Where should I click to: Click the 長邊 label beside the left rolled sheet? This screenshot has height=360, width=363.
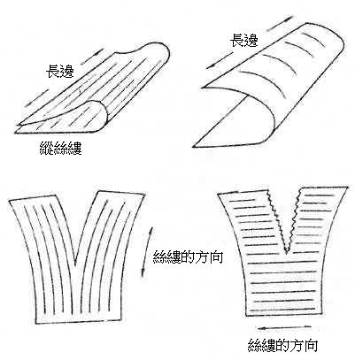[x=60, y=71]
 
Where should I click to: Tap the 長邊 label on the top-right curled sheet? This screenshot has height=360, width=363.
[x=244, y=40]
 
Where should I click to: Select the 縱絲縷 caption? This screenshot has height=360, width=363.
[x=61, y=148]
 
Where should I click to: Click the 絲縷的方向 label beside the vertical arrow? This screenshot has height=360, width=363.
[x=188, y=257]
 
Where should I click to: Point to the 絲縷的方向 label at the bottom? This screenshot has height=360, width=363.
[x=282, y=345]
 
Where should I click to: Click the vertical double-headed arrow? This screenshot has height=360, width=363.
[x=147, y=251]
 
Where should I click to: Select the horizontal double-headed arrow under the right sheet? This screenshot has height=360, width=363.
[x=284, y=327]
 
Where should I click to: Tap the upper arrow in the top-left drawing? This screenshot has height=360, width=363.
[x=92, y=57]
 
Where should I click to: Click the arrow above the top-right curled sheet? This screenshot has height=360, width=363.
[x=282, y=21]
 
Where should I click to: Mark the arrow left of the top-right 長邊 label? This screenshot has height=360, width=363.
[x=219, y=60]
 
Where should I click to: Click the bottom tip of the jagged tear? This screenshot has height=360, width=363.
[x=286, y=253]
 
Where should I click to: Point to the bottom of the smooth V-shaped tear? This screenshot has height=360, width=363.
[x=76, y=264]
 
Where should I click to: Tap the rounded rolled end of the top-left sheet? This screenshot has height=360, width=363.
[x=98, y=116]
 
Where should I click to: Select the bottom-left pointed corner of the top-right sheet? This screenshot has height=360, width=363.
[x=193, y=147]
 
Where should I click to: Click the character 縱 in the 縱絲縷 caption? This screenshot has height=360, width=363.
[x=47, y=148]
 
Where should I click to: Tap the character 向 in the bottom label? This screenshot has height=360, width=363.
[x=311, y=345]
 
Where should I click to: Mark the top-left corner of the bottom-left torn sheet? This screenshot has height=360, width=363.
[x=9, y=200]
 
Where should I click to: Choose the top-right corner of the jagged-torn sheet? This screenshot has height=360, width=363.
[x=347, y=188]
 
